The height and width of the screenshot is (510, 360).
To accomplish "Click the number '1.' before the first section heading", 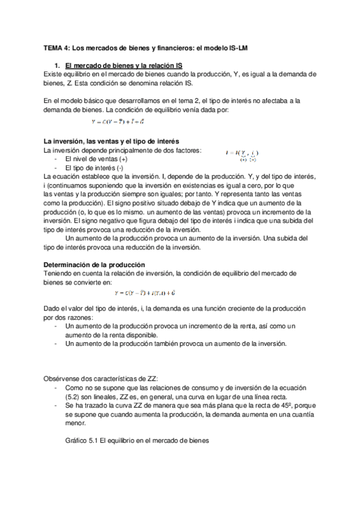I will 57,65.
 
